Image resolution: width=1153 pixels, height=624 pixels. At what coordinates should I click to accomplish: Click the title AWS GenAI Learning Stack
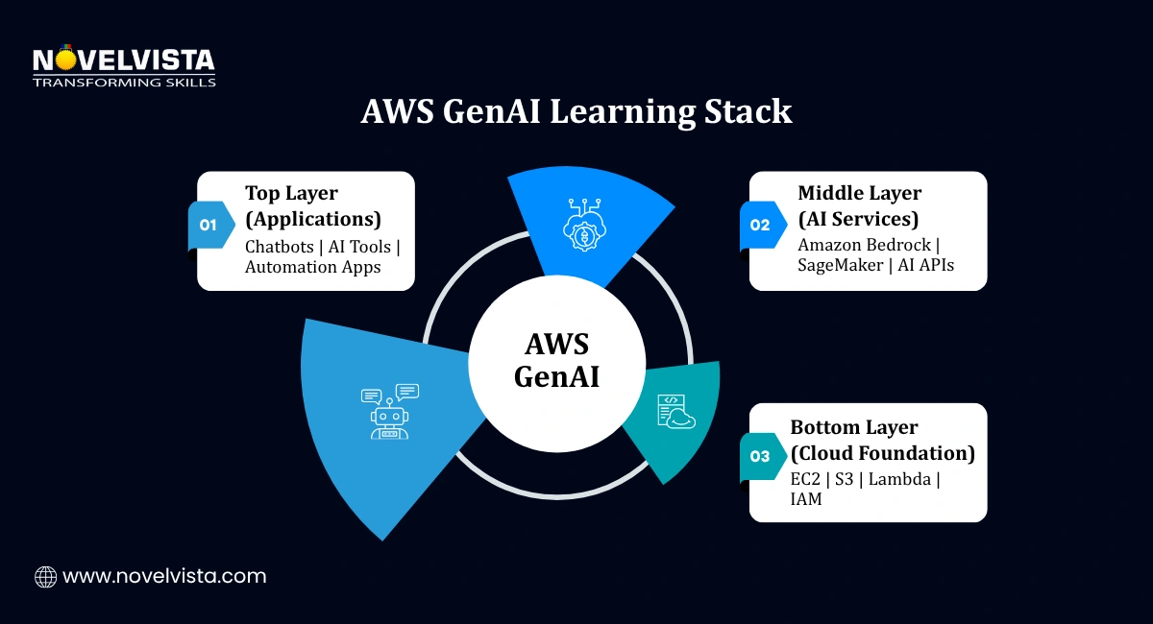point(576,111)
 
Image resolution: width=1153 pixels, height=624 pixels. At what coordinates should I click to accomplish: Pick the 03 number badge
point(760,456)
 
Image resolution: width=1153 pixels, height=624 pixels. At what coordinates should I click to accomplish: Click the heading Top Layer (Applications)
point(313,204)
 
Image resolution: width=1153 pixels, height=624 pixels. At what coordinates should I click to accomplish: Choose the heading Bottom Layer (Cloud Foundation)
point(882,440)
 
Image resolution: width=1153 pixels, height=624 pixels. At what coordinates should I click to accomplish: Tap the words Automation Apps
point(313,268)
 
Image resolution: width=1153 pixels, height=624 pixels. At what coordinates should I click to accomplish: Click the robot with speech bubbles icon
point(389,412)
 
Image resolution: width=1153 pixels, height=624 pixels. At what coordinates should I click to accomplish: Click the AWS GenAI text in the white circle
point(557,360)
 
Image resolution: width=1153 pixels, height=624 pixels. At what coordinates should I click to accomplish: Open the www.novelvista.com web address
point(164,577)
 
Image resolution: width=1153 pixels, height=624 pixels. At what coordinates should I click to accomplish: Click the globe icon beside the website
point(45,577)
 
